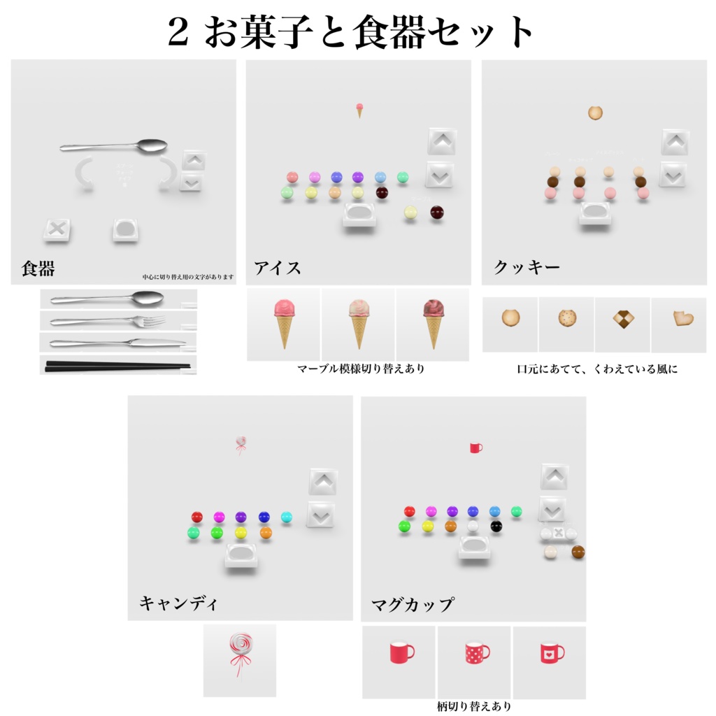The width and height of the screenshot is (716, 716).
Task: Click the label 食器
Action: (38, 268)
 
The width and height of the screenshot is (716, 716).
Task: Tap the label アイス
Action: (278, 268)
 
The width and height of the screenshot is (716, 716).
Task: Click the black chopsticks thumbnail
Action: (117, 365)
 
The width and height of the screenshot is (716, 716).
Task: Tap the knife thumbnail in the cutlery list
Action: (117, 343)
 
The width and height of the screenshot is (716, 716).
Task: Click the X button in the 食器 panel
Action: (57, 229)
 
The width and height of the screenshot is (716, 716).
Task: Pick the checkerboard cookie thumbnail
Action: (622, 319)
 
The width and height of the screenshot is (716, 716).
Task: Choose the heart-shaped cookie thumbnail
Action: (678, 319)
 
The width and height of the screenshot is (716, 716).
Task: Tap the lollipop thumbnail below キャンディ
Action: (240, 654)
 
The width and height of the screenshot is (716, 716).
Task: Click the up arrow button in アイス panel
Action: (441, 141)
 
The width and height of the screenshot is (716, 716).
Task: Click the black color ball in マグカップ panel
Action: (496, 526)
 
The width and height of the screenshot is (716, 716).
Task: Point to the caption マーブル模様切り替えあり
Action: (360, 368)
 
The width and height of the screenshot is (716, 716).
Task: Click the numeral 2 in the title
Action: (179, 32)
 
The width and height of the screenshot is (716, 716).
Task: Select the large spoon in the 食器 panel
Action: (114, 146)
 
